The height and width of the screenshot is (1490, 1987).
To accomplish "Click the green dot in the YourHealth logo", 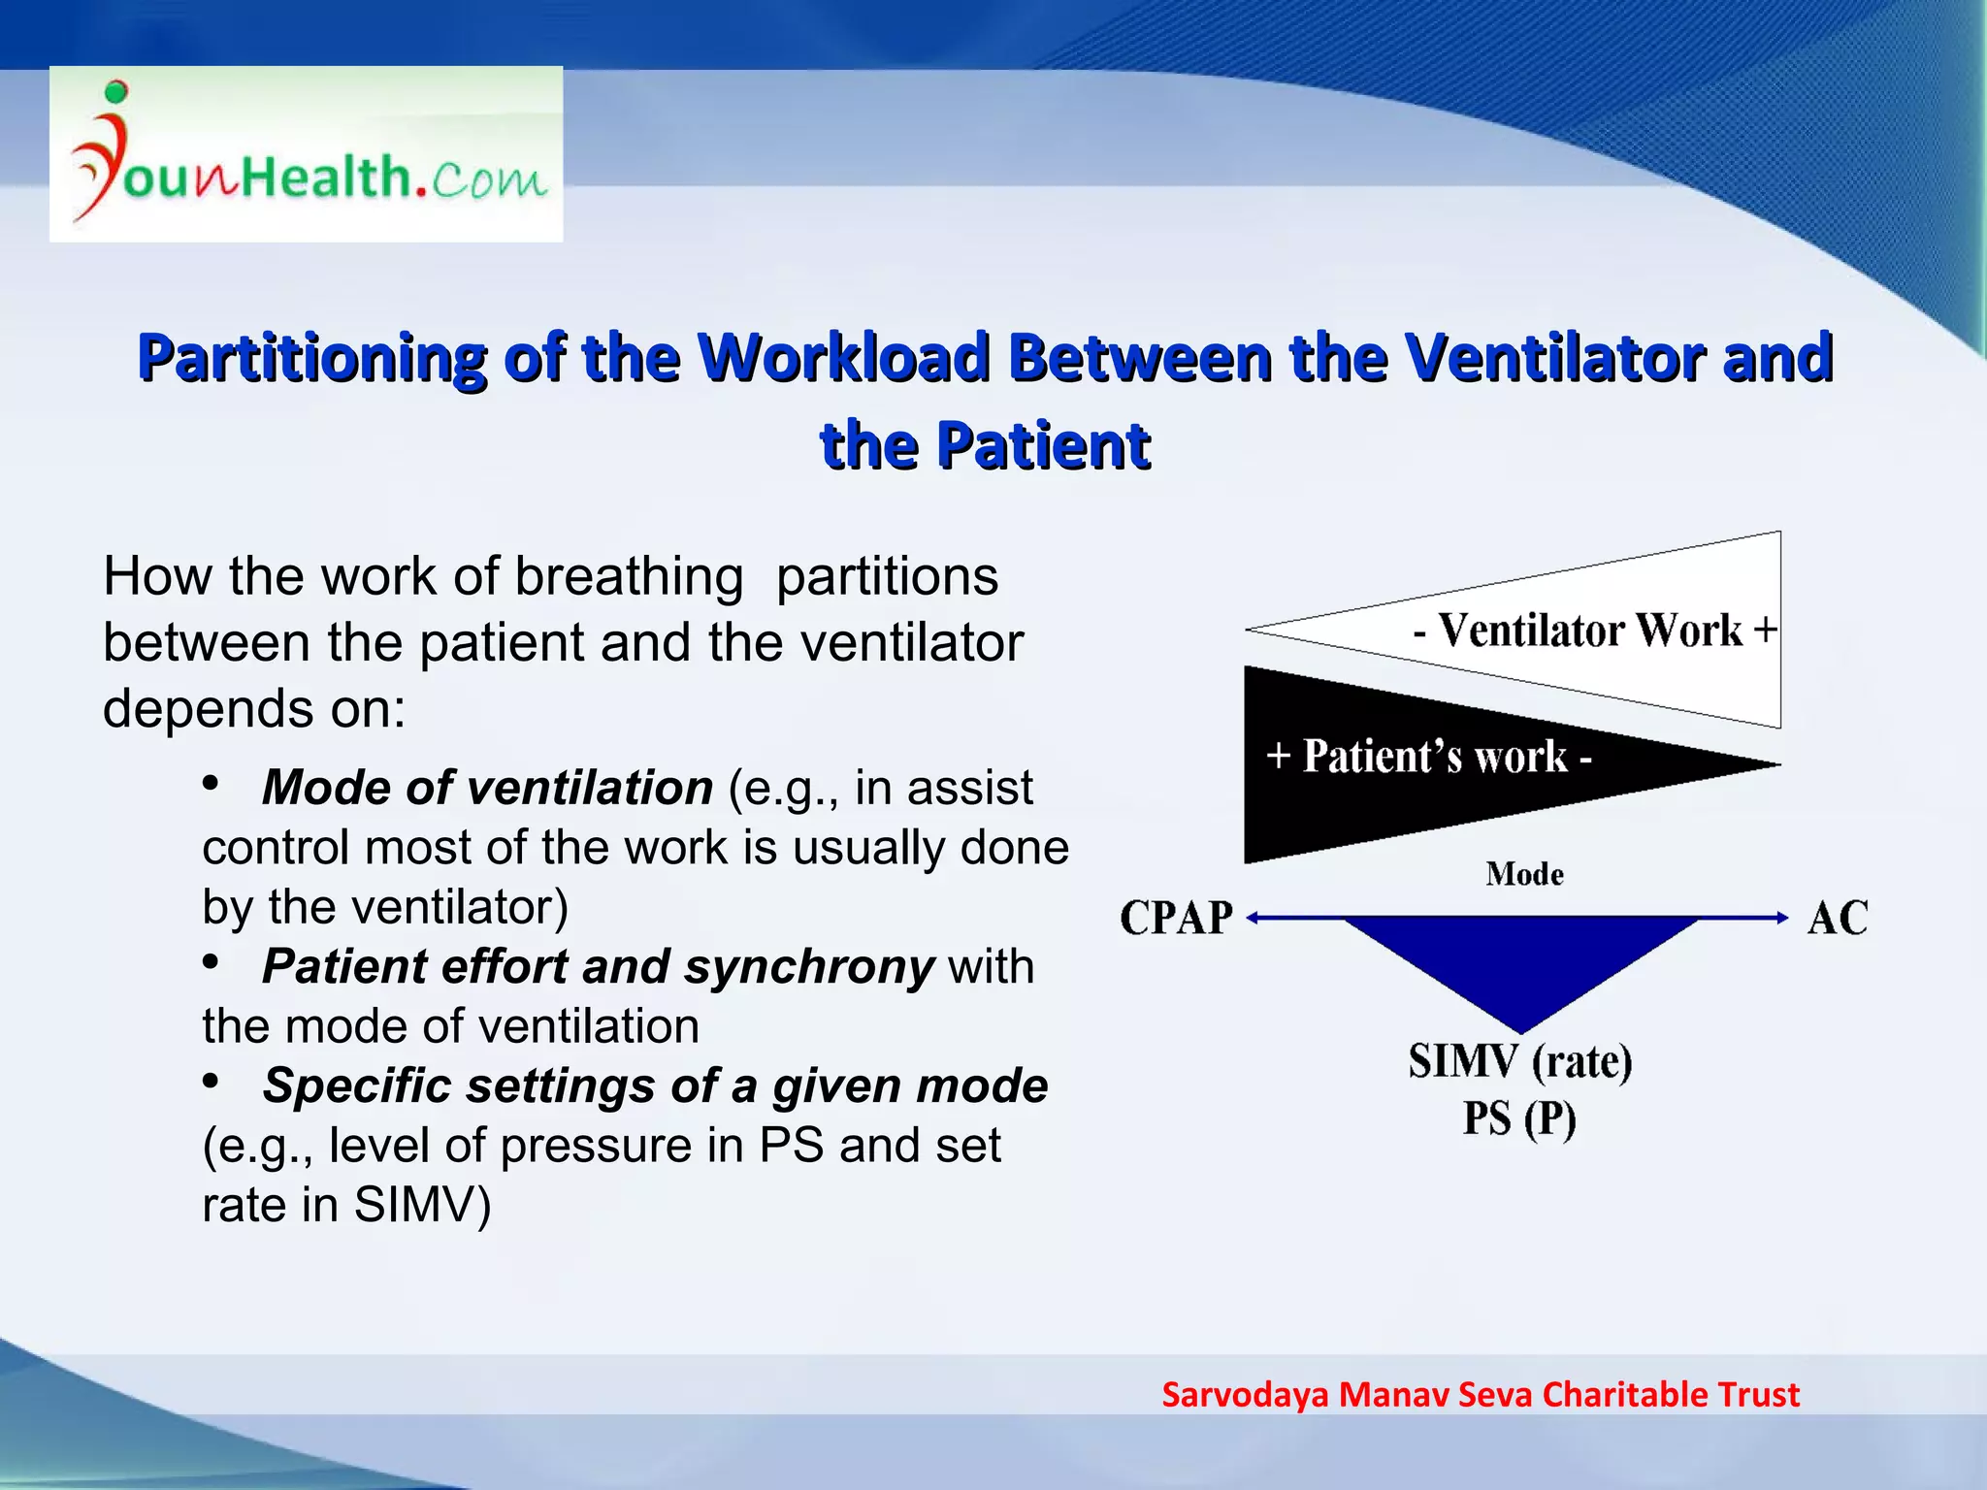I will pyautogui.click(x=115, y=92).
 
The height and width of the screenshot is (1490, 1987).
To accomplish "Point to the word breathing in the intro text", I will pyautogui.click(x=629, y=576).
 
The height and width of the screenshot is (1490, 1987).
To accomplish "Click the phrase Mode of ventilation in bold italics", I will pyautogui.click(x=487, y=787).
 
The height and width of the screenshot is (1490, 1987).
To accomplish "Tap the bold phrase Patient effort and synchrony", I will pyautogui.click(x=598, y=966).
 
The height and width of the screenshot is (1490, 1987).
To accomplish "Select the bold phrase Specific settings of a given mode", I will pyautogui.click(x=655, y=1085).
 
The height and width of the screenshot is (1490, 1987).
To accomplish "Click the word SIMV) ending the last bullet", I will pyautogui.click(x=422, y=1205).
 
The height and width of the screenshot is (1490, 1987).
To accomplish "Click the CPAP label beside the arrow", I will pyautogui.click(x=1176, y=918).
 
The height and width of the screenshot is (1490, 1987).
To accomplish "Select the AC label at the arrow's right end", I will pyautogui.click(x=1837, y=918).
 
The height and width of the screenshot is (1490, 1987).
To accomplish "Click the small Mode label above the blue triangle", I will pyautogui.click(x=1524, y=874).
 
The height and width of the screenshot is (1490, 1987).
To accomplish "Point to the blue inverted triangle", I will pyautogui.click(x=1520, y=960).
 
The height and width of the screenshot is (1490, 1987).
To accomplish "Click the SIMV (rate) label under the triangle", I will pyautogui.click(x=1520, y=1060).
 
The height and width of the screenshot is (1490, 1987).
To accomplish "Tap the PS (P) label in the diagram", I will pyautogui.click(x=1519, y=1118).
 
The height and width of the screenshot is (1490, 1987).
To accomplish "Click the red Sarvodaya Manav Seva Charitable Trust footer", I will pyautogui.click(x=1481, y=1394).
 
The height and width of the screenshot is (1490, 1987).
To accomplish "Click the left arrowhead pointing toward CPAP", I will pyautogui.click(x=1254, y=918).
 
